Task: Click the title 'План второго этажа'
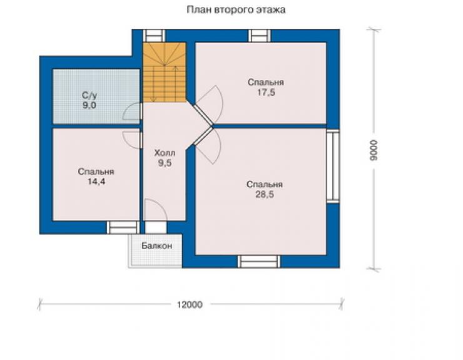(x=236, y=10)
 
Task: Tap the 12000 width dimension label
(x=190, y=304)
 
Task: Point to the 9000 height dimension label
(x=374, y=150)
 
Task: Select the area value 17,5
(x=266, y=92)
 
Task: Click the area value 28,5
(x=265, y=195)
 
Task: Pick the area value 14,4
(x=96, y=182)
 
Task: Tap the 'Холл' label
(x=165, y=153)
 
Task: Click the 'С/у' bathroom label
(x=89, y=95)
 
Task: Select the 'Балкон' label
(x=157, y=245)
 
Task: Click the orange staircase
(x=165, y=73)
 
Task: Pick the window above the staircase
(x=154, y=36)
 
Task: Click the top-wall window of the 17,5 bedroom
(x=260, y=36)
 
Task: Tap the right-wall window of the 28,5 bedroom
(x=333, y=166)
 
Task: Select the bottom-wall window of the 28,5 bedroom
(x=259, y=261)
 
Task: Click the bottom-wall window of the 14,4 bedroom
(x=123, y=228)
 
